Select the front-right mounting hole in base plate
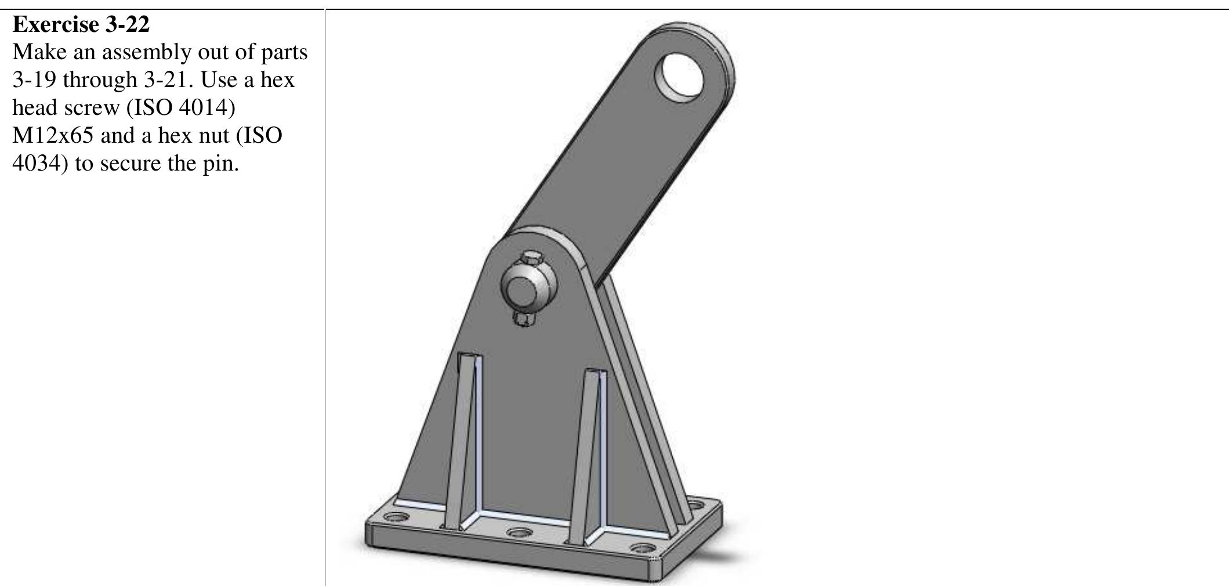click(643, 548)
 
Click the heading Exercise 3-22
click(81, 25)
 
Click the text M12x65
click(52, 136)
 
